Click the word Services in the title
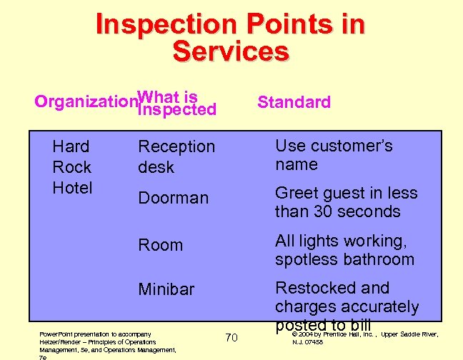coord(231,51)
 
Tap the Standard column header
coord(294,102)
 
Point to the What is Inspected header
coord(176,102)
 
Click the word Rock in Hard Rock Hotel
coord(72,167)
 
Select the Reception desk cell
coord(176,156)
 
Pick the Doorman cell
coord(173,198)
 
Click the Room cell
coord(160,245)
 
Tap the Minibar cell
coord(166,289)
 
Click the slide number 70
coord(231,336)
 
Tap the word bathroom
coord(377,259)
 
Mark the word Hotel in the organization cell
coord(72,188)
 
